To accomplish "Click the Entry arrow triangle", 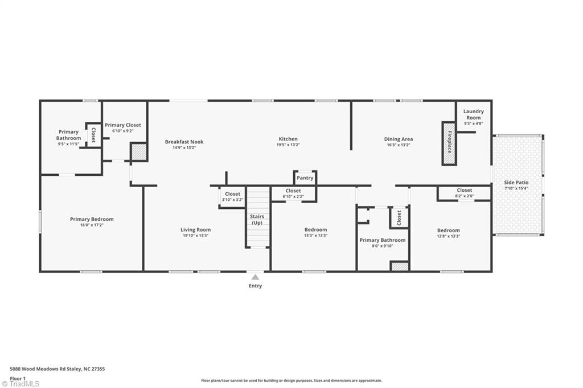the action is [x=255, y=277].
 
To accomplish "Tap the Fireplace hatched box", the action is [x=449, y=143].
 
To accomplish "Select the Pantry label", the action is [x=305, y=178].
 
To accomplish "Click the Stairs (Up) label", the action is [x=257, y=219].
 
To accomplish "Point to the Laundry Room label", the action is [x=473, y=114].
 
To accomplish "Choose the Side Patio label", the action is [x=516, y=183].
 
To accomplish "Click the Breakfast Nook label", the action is [x=184, y=142].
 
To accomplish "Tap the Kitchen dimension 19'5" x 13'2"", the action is [x=288, y=145].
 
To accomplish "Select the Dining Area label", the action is [x=398, y=139].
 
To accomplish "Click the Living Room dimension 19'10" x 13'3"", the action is [x=196, y=236].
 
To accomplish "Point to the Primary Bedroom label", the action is [x=92, y=219].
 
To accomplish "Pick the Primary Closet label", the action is [x=123, y=125].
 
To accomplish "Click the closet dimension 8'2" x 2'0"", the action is [x=465, y=196].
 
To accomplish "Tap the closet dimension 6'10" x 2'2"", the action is [x=293, y=196].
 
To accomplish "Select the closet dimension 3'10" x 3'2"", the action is [x=232, y=200].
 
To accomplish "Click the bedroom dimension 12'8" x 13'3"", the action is [x=449, y=236].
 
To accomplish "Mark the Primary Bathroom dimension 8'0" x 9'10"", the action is [x=382, y=246].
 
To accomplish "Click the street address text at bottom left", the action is [x=58, y=369].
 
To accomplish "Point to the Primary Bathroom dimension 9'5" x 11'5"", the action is [x=68, y=144].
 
